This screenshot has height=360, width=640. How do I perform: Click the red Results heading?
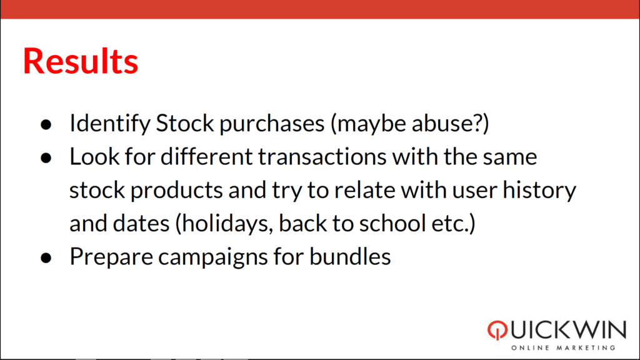(81, 61)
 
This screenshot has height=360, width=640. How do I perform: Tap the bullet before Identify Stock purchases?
(46, 124)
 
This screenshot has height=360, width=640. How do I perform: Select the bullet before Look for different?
(46, 158)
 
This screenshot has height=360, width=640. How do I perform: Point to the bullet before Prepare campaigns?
(46, 258)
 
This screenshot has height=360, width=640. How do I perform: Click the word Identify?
(110, 123)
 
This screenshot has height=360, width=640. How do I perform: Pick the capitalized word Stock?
(185, 123)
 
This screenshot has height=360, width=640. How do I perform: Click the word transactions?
(322, 157)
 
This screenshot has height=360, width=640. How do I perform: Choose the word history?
(539, 190)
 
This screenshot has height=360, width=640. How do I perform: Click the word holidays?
(227, 224)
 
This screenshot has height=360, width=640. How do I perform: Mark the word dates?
(141, 224)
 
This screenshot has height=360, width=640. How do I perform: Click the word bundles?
(350, 257)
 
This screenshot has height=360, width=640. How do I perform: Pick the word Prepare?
(111, 257)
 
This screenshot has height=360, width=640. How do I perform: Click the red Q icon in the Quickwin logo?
(497, 330)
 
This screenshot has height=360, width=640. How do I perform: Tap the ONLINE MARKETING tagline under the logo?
(563, 347)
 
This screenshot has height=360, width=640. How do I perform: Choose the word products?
(176, 190)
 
